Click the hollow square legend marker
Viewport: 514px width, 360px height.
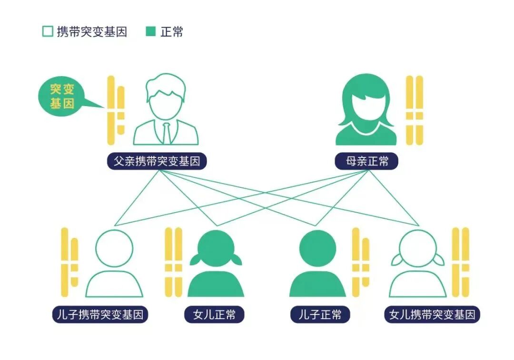point(47,32)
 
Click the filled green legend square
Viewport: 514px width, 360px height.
point(151,32)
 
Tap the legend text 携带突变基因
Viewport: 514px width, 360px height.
point(92,32)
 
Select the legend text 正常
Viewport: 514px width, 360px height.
point(172,32)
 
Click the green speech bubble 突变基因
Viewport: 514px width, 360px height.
point(63,97)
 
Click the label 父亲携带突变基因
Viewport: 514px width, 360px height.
point(157,161)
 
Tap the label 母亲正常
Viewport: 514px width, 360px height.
point(366,161)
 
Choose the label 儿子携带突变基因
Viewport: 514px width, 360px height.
point(100,314)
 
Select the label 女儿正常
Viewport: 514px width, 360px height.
point(214,314)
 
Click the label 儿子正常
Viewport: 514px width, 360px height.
point(320,314)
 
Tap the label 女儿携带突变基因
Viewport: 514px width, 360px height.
point(432,314)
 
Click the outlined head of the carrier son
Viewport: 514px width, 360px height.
point(114,248)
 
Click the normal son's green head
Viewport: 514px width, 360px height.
point(318,248)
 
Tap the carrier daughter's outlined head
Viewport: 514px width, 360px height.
point(418,248)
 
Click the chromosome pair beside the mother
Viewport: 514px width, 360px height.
point(414,110)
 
